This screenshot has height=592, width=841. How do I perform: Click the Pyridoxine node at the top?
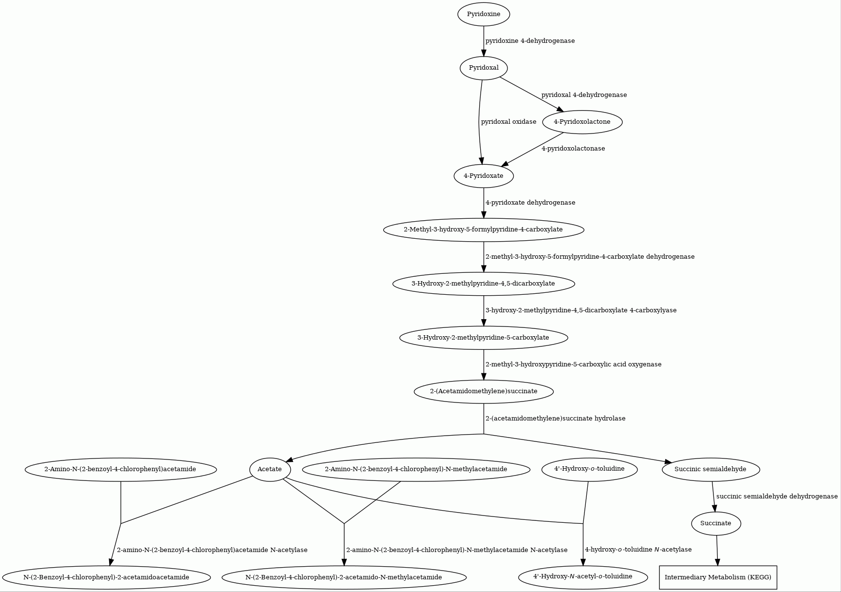tap(484, 14)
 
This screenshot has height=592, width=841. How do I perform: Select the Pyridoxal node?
tap(484, 68)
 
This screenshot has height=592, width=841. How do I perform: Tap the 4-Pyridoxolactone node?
tap(582, 122)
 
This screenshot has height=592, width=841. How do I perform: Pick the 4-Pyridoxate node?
tap(484, 176)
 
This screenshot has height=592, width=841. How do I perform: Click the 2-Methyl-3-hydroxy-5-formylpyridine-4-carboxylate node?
tap(484, 229)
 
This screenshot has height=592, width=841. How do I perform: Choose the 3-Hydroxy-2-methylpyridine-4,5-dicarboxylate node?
tap(484, 284)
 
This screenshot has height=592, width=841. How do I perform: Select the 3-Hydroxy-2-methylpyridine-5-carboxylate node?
tap(484, 338)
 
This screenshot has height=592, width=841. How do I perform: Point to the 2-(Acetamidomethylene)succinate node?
tap(484, 391)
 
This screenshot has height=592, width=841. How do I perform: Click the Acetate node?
tap(270, 469)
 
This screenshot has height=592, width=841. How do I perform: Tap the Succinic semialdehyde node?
tap(710, 469)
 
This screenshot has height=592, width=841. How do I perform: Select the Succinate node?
tap(716, 523)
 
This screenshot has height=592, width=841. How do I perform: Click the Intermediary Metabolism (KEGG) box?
tap(718, 577)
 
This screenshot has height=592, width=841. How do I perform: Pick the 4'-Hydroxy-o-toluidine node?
tap(589, 469)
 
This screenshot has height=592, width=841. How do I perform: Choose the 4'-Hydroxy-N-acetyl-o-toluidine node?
tap(583, 577)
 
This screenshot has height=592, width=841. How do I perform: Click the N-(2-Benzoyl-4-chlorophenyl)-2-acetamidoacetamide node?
tap(106, 577)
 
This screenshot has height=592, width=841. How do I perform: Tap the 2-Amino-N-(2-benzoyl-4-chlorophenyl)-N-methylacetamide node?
tap(416, 469)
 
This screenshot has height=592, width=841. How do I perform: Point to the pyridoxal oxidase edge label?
tap(509, 122)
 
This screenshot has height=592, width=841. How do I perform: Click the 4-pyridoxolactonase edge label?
tap(573, 149)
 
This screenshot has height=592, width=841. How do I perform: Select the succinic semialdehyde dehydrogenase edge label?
tap(777, 497)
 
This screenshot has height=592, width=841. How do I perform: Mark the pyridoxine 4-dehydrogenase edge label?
tap(530, 41)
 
